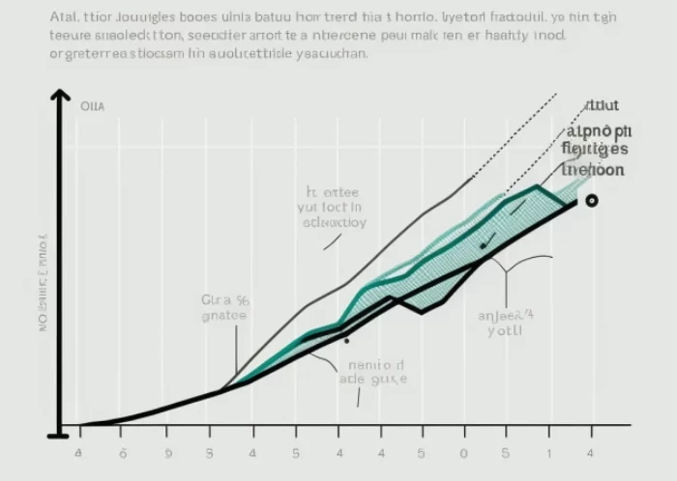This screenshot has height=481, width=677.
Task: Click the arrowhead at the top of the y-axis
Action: [60, 95]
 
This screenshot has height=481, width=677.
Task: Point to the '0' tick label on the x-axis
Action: [463, 452]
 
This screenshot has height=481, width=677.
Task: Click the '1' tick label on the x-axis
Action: [548, 452]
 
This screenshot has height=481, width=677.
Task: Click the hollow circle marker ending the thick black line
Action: [591, 200]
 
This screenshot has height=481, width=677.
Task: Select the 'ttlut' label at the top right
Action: [603, 106]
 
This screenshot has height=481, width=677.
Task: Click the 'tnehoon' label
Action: [593, 169]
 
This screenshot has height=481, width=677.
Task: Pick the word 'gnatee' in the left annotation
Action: [223, 315]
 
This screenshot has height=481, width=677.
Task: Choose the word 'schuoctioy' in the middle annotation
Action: [333, 221]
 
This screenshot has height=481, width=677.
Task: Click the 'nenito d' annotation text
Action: [370, 365]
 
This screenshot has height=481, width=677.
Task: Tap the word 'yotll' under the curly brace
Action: [505, 328]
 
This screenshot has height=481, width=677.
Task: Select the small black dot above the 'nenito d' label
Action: [345, 340]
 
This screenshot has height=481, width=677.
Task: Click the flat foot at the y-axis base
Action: [59, 436]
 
